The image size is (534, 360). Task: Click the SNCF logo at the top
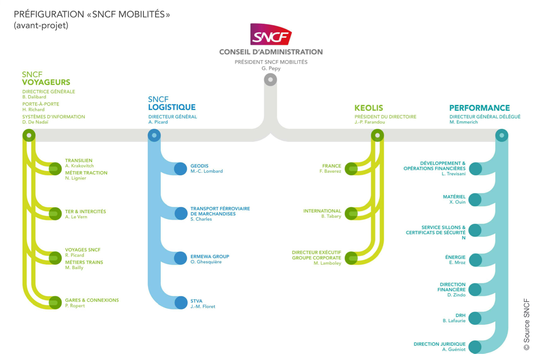click(271, 34)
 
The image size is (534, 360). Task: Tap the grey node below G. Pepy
click(270, 80)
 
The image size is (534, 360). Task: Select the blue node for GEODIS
click(180, 169)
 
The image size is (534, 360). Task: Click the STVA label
click(196, 301)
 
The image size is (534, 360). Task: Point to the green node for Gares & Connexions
click(55, 303)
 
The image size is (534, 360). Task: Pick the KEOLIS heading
click(369, 108)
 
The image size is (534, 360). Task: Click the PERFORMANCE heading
click(479, 108)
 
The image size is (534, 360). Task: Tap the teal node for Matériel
click(475, 199)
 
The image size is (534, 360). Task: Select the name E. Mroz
click(457, 263)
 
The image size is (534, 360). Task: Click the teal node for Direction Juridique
click(475, 347)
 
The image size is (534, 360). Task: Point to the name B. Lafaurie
click(454, 321)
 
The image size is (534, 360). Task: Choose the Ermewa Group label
click(210, 256)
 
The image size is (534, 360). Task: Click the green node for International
click(351, 213)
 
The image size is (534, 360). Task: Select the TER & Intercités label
click(85, 212)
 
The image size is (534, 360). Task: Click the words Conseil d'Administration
click(271, 52)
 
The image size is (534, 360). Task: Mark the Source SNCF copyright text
click(526, 324)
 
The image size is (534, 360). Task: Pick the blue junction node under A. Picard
click(154, 135)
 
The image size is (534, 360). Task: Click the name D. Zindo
click(456, 295)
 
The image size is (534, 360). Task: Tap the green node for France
click(351, 169)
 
